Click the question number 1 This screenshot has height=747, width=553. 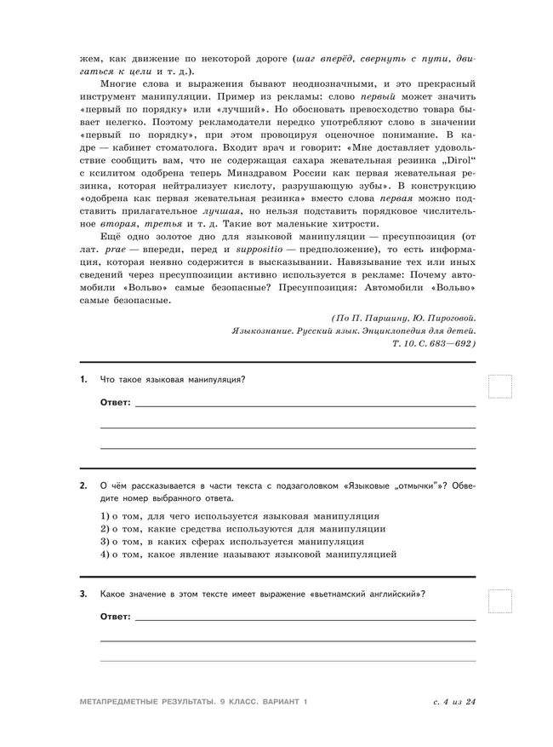coord(83,379)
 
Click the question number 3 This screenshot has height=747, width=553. coord(83,594)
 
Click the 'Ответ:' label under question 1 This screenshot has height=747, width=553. coord(116,401)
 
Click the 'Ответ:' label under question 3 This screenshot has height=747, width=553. coord(116,616)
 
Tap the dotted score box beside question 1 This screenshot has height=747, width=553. coord(501,387)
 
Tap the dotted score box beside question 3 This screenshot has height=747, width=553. coord(501,601)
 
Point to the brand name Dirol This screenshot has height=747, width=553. coord(460,159)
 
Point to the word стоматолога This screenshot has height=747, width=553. coord(190,147)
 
